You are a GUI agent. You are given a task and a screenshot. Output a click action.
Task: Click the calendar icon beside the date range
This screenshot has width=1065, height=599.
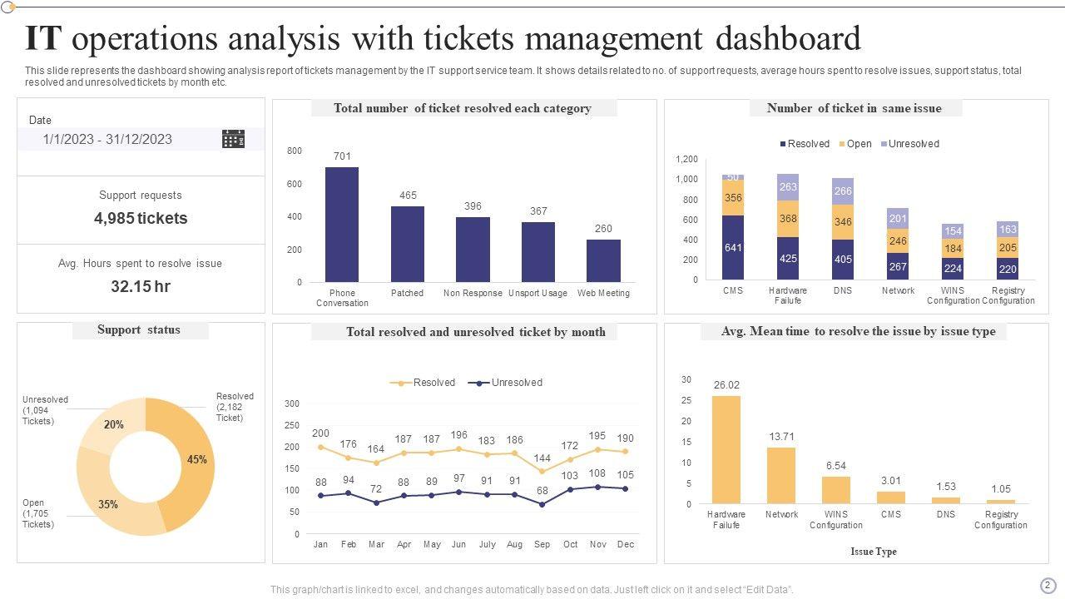(x=233, y=139)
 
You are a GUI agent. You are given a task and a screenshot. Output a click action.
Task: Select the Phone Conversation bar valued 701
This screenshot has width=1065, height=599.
(x=342, y=225)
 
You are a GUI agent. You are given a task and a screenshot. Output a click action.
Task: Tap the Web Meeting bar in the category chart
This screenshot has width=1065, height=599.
(x=603, y=260)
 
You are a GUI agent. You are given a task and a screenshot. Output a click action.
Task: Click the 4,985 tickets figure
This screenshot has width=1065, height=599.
(x=141, y=218)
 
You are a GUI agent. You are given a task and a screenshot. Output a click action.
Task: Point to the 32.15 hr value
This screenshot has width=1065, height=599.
(x=141, y=286)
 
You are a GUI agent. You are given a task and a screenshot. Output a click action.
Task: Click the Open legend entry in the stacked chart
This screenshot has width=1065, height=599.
(x=854, y=144)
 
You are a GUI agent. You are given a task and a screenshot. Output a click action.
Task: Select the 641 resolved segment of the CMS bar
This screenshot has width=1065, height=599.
(x=733, y=247)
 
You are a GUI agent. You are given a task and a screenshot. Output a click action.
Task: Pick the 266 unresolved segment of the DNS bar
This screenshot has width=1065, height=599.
(x=843, y=191)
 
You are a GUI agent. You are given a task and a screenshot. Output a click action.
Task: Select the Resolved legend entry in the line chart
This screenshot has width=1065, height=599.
(x=423, y=383)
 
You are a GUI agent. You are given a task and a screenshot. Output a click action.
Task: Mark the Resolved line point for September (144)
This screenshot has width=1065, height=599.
(x=542, y=471)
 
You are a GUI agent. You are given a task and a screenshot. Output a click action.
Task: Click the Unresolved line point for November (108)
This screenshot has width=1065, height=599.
(x=597, y=487)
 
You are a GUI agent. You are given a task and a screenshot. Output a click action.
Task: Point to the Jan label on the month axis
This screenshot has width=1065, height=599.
(x=320, y=544)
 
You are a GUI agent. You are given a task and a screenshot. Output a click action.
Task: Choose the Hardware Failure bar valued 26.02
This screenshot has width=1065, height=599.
(x=726, y=449)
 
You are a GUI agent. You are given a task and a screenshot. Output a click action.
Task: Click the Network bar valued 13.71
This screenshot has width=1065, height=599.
(x=781, y=475)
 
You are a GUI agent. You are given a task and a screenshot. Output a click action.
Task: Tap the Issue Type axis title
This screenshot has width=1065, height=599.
(x=874, y=551)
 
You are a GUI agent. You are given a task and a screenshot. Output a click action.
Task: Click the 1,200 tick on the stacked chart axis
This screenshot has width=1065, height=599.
(x=686, y=159)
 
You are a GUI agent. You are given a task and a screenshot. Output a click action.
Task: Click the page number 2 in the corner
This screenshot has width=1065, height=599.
(x=1048, y=585)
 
